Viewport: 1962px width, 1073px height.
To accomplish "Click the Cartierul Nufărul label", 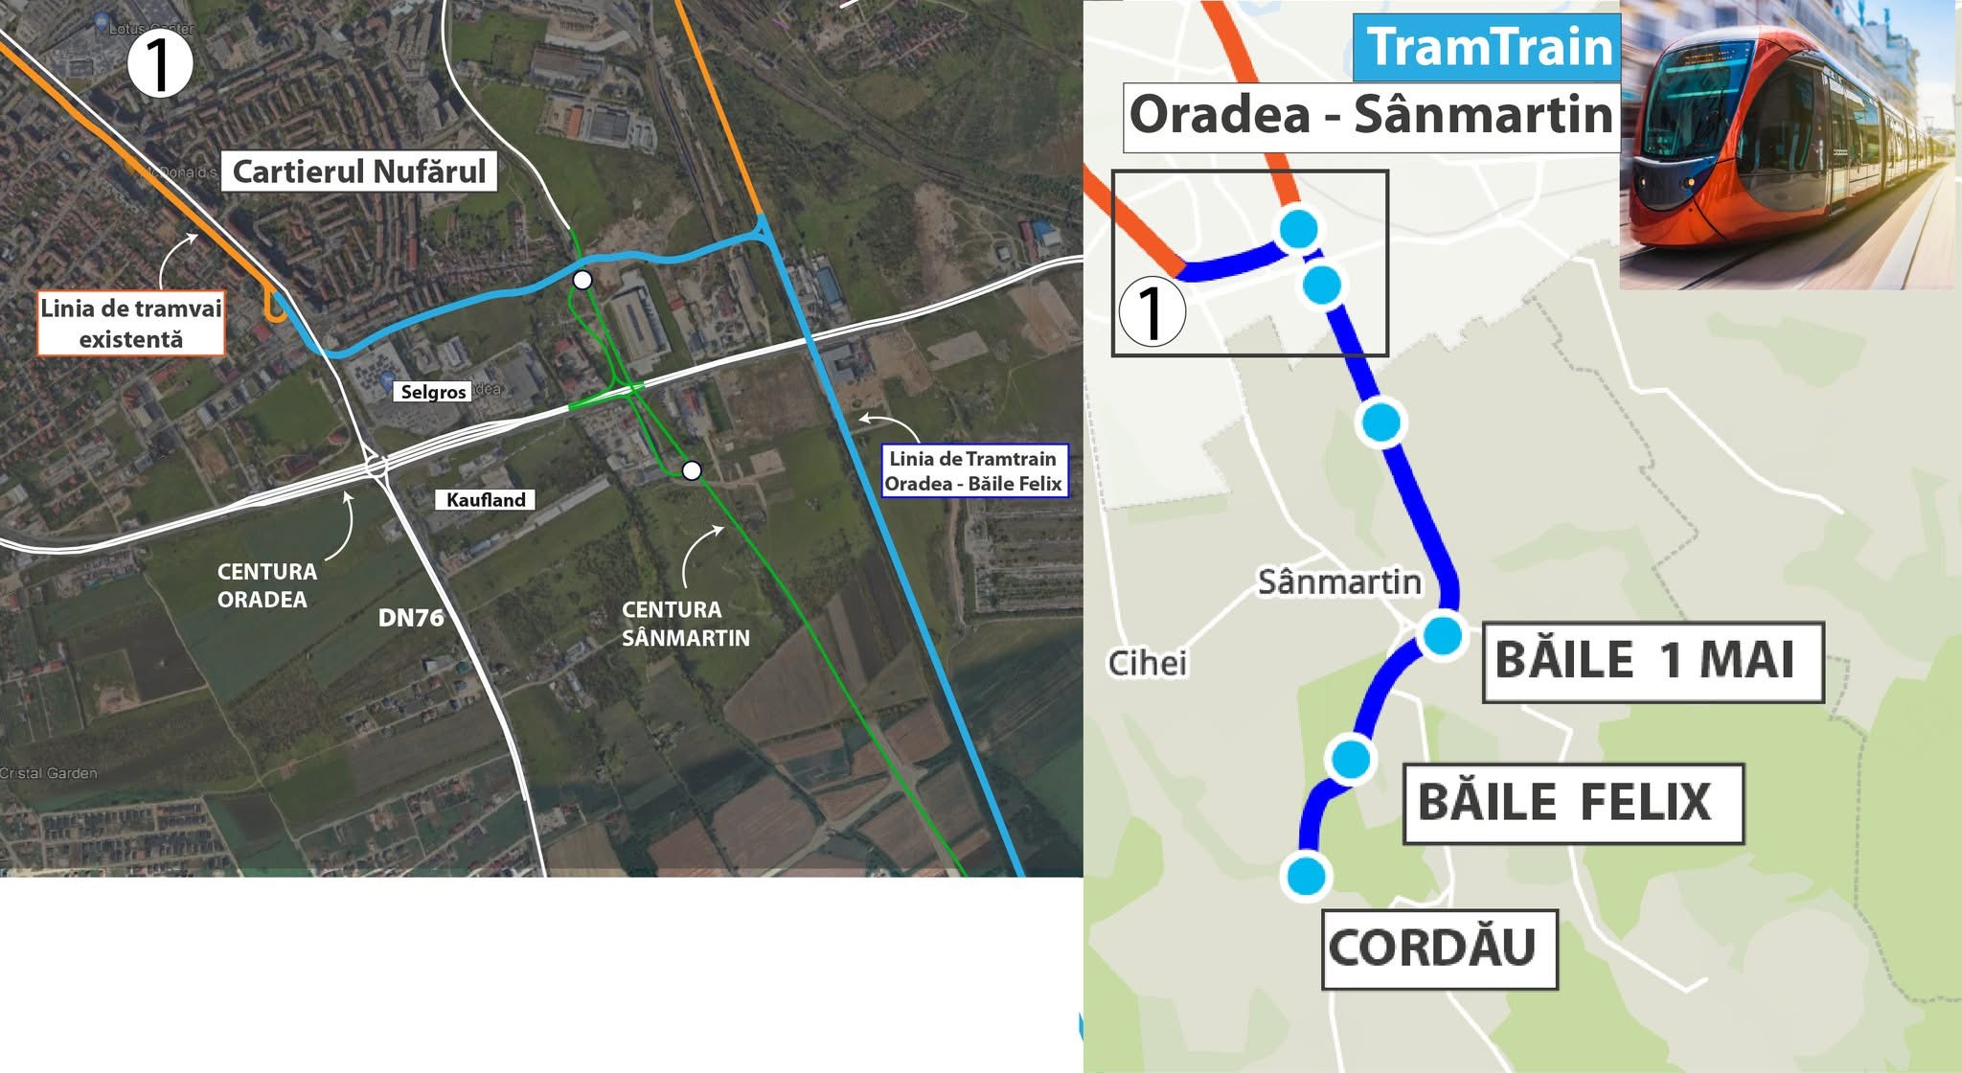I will click(x=359, y=171).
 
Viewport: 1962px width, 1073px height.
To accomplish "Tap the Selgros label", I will click(x=433, y=392).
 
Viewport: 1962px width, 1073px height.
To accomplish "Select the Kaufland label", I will click(x=486, y=500).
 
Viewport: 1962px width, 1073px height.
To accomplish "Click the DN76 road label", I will click(x=411, y=618).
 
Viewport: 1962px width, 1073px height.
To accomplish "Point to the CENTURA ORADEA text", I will click(x=265, y=585).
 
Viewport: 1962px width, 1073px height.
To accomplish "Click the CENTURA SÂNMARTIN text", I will click(x=685, y=624).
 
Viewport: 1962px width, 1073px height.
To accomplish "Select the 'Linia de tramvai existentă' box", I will click(x=131, y=324).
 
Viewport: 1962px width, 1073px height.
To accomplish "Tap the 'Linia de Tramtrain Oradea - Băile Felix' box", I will click(x=973, y=471).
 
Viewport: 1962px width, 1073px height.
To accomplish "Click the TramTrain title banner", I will click(x=1488, y=46).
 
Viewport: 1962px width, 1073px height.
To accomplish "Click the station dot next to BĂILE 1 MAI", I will click(x=1443, y=634).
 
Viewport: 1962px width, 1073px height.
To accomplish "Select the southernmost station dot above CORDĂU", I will click(x=1306, y=876).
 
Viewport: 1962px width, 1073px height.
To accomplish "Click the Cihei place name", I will click(x=1147, y=663).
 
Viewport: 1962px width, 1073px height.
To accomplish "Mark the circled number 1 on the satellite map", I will click(x=160, y=63).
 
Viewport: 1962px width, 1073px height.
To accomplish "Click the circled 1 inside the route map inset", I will click(x=1152, y=311).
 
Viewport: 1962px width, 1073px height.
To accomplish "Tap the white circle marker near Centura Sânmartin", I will click(x=692, y=470).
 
